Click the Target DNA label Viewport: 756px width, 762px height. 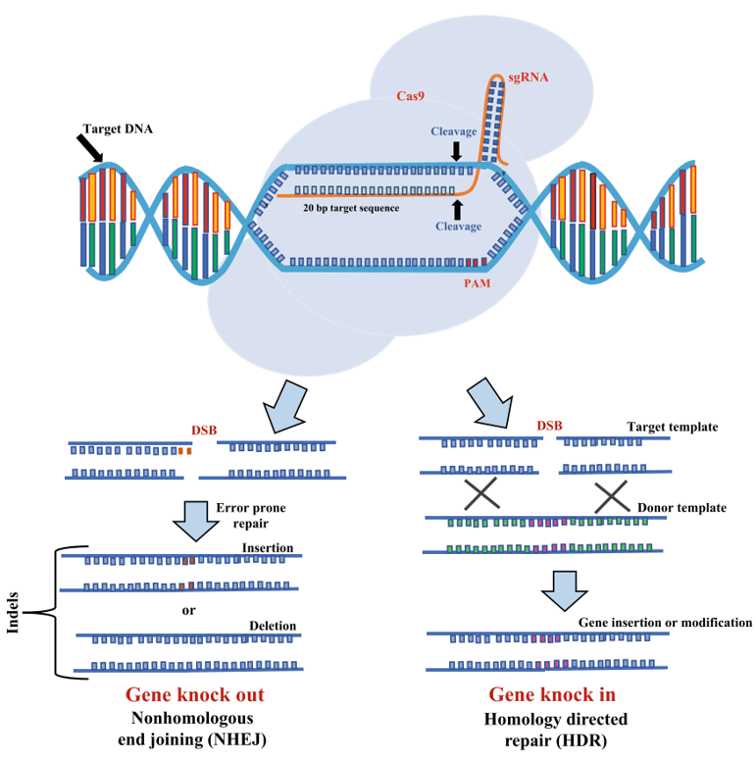[118, 128]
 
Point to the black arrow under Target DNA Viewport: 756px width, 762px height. [90, 150]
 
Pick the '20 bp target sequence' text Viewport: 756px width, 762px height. [350, 208]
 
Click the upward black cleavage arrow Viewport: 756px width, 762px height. [456, 208]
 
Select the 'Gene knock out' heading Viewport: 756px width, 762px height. [194, 695]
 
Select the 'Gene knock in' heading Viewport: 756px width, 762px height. [552, 695]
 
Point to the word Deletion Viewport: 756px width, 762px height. [272, 626]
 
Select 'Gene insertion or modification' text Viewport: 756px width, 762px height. [665, 622]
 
